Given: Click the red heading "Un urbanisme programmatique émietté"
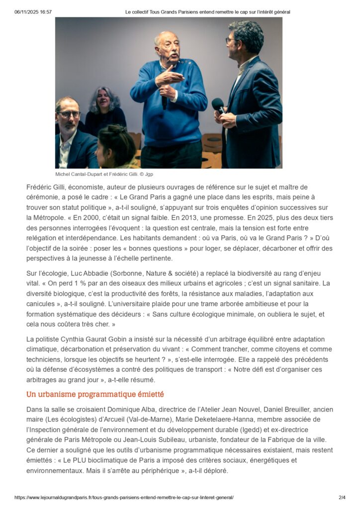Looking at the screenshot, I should [x=95, y=395].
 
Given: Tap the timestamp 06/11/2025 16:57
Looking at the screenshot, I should [x=33, y=11].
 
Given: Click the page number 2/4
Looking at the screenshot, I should [x=342, y=497].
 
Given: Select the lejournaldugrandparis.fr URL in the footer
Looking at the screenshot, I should [x=124, y=497].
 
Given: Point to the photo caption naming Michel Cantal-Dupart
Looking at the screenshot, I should [x=108, y=174].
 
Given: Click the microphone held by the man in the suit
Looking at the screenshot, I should [x=218, y=105].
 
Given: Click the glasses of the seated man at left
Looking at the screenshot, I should [x=68, y=114].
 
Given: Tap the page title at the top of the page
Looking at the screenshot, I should [x=207, y=11].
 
